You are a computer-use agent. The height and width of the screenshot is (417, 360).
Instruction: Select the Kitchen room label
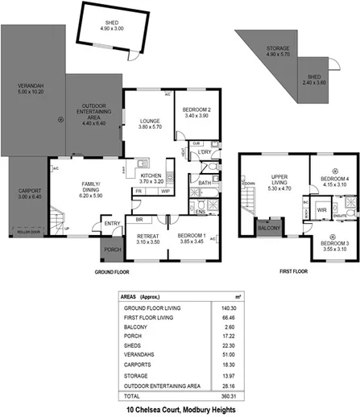point(151,179)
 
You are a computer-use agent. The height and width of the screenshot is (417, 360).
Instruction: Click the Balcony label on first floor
point(267,228)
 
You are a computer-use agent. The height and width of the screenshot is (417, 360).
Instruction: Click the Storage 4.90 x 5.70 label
point(278,52)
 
